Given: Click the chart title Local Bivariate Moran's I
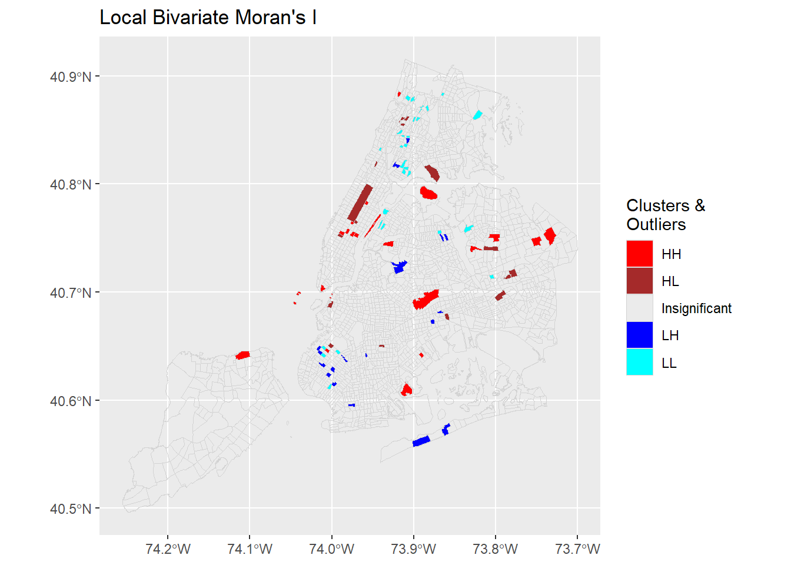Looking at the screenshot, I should [208, 18].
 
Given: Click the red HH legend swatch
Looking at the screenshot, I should [639, 254].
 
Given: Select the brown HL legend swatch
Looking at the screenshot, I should [639, 281].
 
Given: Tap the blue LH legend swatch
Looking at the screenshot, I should [639, 335].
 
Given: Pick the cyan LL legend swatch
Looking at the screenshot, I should [639, 362].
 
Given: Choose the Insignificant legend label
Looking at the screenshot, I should [696, 308].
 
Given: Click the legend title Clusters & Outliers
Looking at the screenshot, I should [665, 215].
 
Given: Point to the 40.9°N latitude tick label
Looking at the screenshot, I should [71, 77].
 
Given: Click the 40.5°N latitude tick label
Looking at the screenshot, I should [71, 509].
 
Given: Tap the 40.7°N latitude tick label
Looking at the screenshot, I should [71, 293].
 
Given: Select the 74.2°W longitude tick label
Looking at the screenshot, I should [168, 549].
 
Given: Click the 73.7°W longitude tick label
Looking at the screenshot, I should [577, 549].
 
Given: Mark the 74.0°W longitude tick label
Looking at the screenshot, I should [331, 549].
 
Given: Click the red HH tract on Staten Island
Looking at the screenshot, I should [242, 355].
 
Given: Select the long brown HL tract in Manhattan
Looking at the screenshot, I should [360, 203].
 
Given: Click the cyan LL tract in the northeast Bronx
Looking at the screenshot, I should [477, 115].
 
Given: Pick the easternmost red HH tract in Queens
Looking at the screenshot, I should [550, 236].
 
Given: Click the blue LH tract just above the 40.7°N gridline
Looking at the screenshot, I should [400, 267].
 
